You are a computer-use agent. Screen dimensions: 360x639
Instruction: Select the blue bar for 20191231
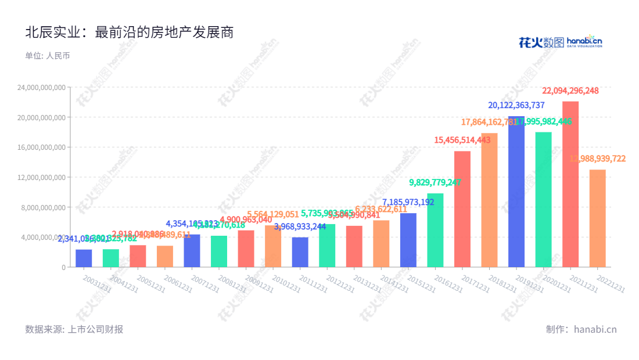point(516,192)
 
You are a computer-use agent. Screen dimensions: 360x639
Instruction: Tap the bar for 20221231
point(597,218)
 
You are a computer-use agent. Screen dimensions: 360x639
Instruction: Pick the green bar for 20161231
point(435,230)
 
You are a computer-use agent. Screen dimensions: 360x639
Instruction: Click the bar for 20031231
point(84,258)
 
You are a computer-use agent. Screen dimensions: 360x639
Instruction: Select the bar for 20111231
point(300,252)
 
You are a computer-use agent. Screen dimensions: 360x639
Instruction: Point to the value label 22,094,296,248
point(570,91)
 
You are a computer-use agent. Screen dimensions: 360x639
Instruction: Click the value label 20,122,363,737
point(516,105)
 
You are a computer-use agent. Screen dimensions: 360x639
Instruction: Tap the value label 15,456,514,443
point(462,140)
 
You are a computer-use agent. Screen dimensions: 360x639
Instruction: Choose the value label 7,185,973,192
point(408,202)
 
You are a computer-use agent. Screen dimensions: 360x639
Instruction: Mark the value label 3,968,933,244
point(300,226)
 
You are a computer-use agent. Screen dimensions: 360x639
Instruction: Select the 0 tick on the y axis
point(63,267)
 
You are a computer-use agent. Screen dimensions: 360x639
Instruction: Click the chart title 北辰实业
point(129,33)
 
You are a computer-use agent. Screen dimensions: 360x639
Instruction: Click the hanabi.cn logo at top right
point(560,42)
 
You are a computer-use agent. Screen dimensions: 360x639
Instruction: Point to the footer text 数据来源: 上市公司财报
point(74,329)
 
